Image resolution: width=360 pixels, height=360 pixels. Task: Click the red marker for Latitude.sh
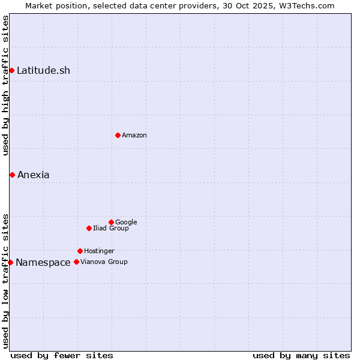pyautogui.click(x=11, y=71)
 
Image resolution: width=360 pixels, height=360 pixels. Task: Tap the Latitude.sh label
pyautogui.click(x=43, y=71)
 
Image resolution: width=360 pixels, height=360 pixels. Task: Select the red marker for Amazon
pyautogui.click(x=118, y=135)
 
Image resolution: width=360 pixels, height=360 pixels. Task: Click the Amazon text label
pyautogui.click(x=134, y=136)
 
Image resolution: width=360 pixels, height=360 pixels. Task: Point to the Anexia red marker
pyautogui.click(x=12, y=175)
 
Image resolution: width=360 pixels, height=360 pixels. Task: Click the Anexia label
pyautogui.click(x=34, y=175)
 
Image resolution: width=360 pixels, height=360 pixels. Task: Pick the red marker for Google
pyautogui.click(x=111, y=222)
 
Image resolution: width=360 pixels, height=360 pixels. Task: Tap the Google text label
pyautogui.click(x=126, y=223)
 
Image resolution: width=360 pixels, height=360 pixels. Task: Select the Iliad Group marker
pyautogui.click(x=89, y=228)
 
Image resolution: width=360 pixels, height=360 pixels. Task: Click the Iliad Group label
pyautogui.click(x=111, y=229)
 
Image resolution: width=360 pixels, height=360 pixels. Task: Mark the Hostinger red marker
pyautogui.click(x=80, y=251)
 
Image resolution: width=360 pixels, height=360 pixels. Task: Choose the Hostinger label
pyautogui.click(x=99, y=251)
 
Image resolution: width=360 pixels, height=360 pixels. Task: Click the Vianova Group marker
pyautogui.click(x=76, y=262)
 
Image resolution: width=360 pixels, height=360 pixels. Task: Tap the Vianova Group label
pyautogui.click(x=104, y=262)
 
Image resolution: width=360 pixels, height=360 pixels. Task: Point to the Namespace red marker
pyautogui.click(x=10, y=262)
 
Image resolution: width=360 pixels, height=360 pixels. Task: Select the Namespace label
pyautogui.click(x=43, y=263)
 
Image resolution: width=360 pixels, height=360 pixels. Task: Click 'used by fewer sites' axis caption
pyautogui.click(x=62, y=355)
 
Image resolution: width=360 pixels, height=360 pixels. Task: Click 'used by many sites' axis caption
pyautogui.click(x=301, y=355)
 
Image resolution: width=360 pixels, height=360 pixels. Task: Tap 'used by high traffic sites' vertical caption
pyautogui.click(x=5, y=85)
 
